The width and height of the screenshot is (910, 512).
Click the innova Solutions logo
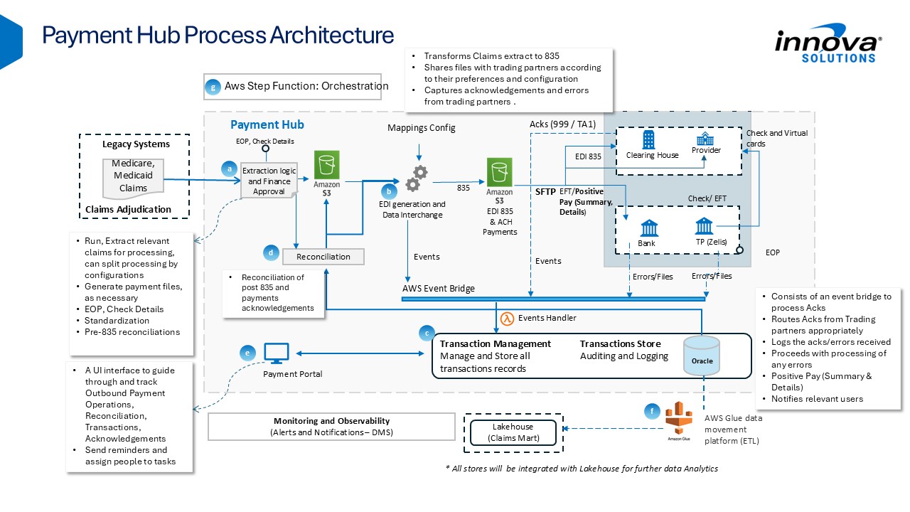pos(829,43)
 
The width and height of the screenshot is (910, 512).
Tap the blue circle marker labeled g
pos(213,87)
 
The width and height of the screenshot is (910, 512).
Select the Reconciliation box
pos(323,257)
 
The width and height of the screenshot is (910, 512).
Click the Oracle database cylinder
pos(702,356)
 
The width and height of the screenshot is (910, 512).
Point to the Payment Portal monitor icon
pos(277,353)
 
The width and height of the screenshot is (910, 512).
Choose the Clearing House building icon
pos(649,140)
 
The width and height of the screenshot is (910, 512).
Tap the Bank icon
pos(649,228)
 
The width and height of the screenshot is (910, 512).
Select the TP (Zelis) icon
pos(704,226)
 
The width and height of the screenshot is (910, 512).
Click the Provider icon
pos(705,139)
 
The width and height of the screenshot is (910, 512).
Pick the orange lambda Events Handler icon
pos(507,318)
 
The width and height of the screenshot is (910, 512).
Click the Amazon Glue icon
pos(679,418)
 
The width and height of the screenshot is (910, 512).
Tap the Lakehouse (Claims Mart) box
pos(513,432)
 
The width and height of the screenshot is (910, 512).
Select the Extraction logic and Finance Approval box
pos(269,181)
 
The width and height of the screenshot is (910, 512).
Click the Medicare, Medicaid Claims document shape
pos(133,178)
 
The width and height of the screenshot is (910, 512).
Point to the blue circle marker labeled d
pos(271,252)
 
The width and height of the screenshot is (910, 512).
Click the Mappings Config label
pos(422,127)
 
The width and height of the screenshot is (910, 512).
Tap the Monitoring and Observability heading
pos(331,421)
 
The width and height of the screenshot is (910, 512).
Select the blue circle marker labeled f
pos(652,411)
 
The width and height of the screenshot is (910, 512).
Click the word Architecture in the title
pos(332,35)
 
